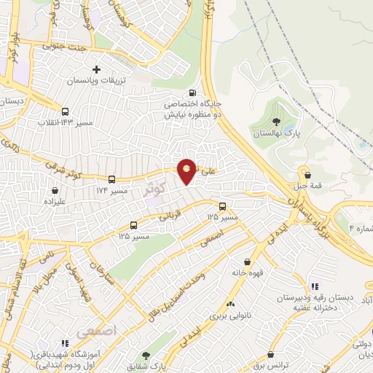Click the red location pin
(x=187, y=170)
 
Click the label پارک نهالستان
(x=276, y=135)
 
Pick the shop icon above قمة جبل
(x=308, y=175)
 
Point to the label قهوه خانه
(x=247, y=275)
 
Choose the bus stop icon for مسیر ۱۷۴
(x=111, y=178)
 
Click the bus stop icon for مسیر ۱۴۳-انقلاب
(x=66, y=112)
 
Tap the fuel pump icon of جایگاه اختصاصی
(x=192, y=93)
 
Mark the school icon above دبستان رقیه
(x=314, y=286)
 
